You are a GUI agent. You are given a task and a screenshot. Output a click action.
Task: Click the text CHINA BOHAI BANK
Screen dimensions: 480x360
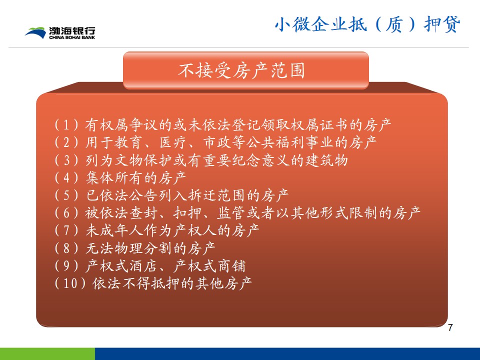[x=72, y=37]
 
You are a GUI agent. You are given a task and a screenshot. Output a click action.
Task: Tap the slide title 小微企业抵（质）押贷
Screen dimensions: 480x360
[x=367, y=24]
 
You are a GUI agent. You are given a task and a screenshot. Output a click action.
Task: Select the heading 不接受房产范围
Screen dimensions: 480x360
[x=241, y=70]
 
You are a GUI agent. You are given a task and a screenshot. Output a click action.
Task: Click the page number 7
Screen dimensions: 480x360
[x=450, y=327]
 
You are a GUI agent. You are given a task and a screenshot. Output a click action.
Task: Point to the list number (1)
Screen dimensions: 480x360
[x=66, y=125]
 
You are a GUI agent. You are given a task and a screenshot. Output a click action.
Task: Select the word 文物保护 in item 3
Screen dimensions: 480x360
[x=136, y=160]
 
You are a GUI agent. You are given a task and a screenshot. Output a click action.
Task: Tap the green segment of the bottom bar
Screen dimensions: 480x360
[x=47, y=354]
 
